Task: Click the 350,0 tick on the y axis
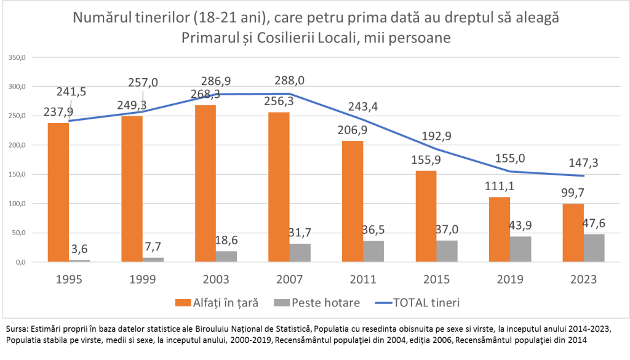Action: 17,58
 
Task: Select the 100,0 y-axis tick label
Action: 17,204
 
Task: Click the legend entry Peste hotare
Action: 324,302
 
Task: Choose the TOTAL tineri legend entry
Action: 425,302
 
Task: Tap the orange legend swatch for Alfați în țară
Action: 180,303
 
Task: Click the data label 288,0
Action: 289,80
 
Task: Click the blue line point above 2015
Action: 437,150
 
